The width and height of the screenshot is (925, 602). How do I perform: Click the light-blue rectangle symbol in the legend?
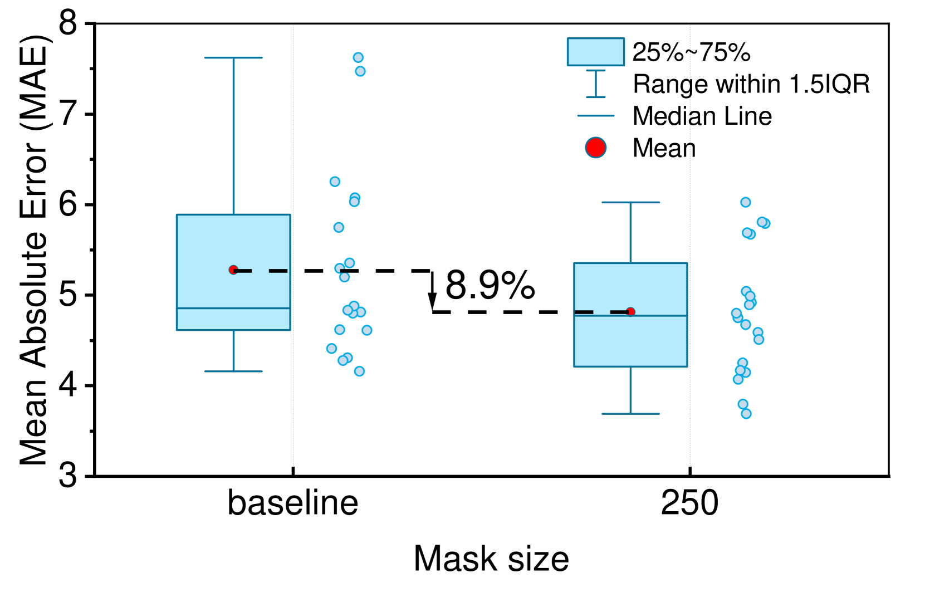595,52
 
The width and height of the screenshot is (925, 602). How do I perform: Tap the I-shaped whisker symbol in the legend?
595,84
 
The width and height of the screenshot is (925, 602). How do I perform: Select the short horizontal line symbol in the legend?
595,116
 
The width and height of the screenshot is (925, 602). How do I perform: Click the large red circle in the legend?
595,148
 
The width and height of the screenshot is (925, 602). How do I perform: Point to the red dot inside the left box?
233,270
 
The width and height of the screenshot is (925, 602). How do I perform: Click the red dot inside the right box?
630,312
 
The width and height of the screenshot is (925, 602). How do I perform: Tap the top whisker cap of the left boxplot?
233,57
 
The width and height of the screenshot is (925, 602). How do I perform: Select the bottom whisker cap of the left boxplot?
233,371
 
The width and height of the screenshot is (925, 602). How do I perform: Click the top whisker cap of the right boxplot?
630,202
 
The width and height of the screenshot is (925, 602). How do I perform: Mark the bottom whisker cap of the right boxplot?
630,414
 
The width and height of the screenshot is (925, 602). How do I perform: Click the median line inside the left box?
233,308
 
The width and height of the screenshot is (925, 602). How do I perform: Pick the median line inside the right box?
630,316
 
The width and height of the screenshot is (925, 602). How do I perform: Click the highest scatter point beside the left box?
358,57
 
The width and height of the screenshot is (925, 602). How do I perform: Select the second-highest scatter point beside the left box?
360,71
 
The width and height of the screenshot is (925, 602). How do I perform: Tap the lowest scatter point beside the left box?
359,371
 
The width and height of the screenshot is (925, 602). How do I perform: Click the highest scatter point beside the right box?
745,202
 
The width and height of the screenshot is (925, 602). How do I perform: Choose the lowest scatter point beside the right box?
746,414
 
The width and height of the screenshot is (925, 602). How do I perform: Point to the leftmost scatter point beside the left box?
331,349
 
